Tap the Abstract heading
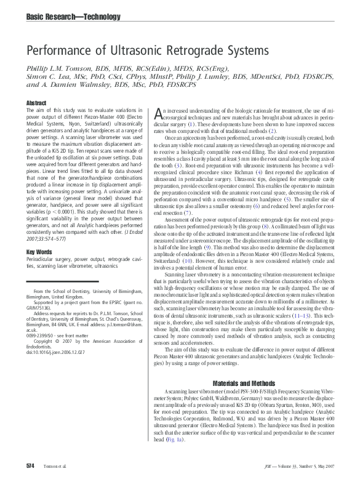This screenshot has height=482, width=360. click(x=36, y=102)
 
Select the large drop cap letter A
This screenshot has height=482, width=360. click(x=158, y=113)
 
